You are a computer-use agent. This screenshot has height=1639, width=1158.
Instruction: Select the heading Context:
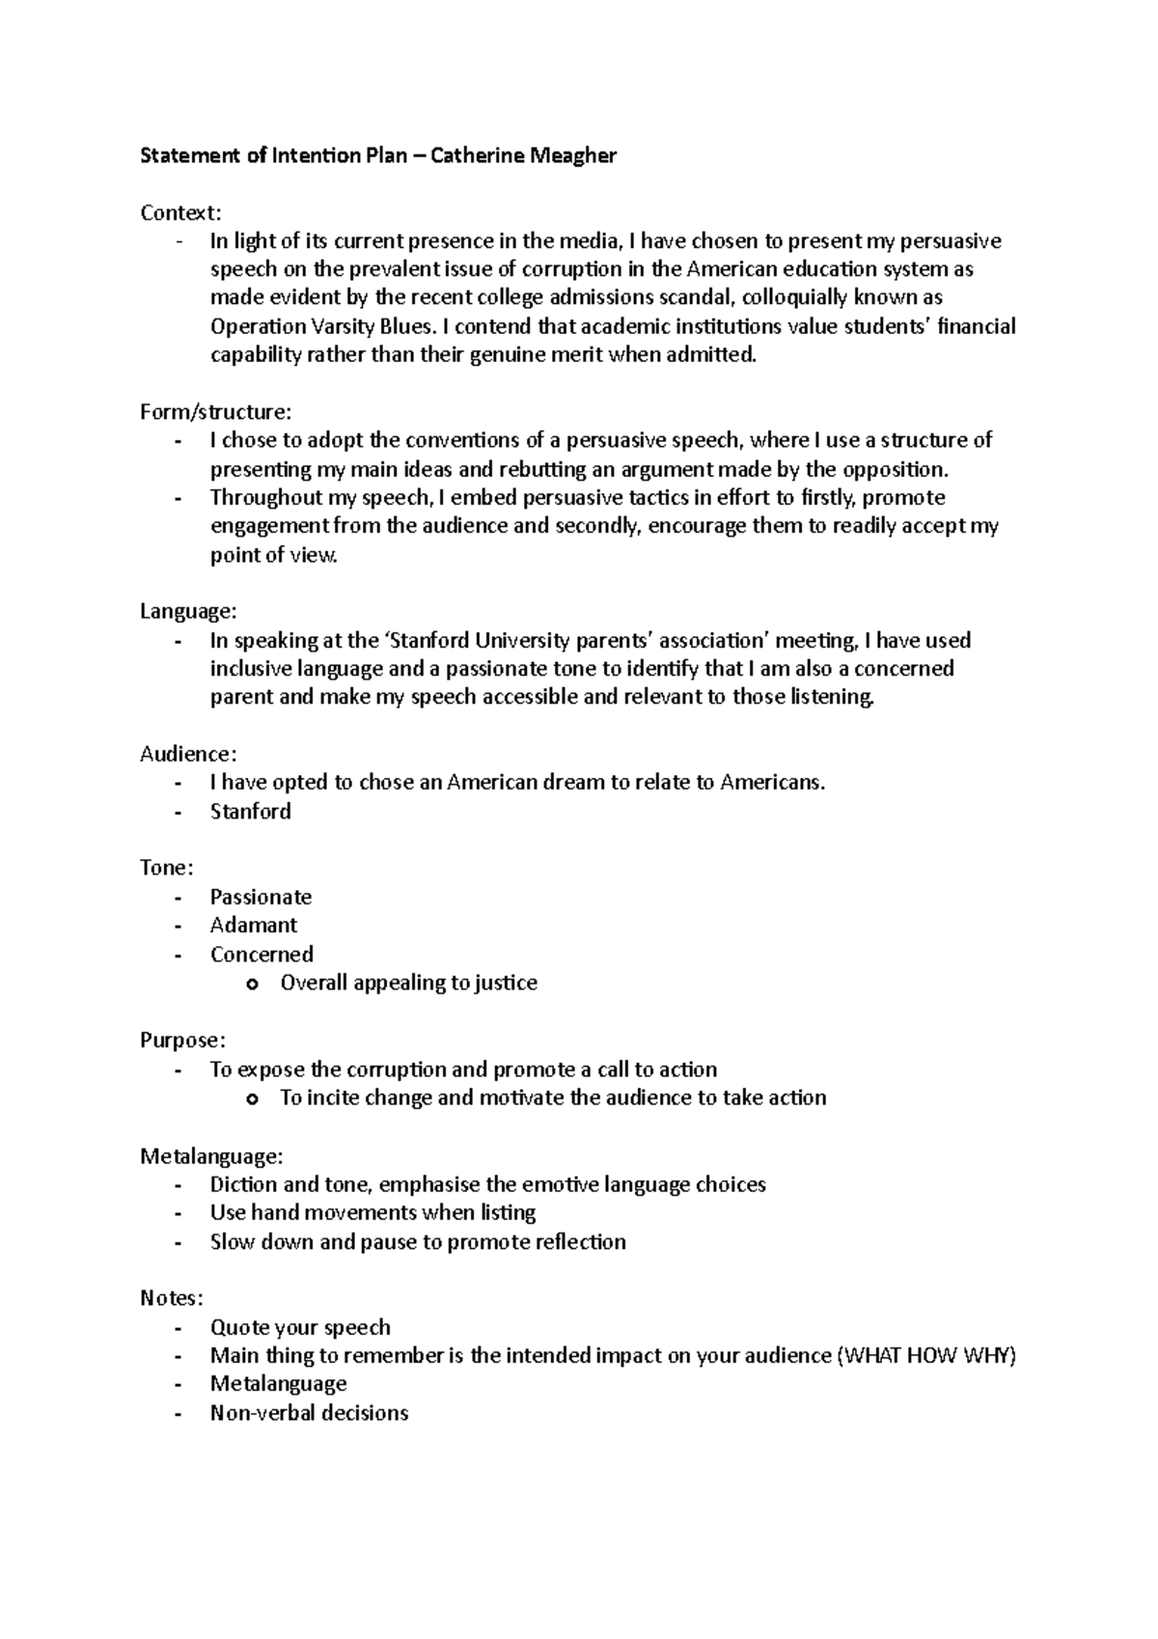coord(180,212)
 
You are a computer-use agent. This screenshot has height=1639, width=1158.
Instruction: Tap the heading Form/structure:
coord(214,412)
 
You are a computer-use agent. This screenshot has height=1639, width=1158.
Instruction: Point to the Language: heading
coord(187,612)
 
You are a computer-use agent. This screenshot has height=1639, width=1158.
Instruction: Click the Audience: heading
coord(188,754)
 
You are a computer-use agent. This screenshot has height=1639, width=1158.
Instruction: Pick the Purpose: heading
coord(182,1041)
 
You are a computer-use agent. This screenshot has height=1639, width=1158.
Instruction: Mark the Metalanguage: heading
coord(211,1155)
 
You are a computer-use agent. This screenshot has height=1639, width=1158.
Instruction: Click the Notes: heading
coord(171,1298)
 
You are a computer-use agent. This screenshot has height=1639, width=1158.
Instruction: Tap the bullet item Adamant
coord(254,926)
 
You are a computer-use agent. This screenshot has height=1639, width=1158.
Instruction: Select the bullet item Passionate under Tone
coord(261,897)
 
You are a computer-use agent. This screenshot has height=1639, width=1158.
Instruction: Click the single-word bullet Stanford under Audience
coord(250,811)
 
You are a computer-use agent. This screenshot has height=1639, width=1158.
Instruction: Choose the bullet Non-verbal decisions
coord(309,1413)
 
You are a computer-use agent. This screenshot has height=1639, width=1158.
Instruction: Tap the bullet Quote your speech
coord(300,1327)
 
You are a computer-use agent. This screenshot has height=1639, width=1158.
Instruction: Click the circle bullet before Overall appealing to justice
coord(253,984)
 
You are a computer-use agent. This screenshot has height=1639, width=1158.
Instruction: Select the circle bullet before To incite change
coord(253,1098)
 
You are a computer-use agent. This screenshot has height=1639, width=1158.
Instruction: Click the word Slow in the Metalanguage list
coord(233,1241)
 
